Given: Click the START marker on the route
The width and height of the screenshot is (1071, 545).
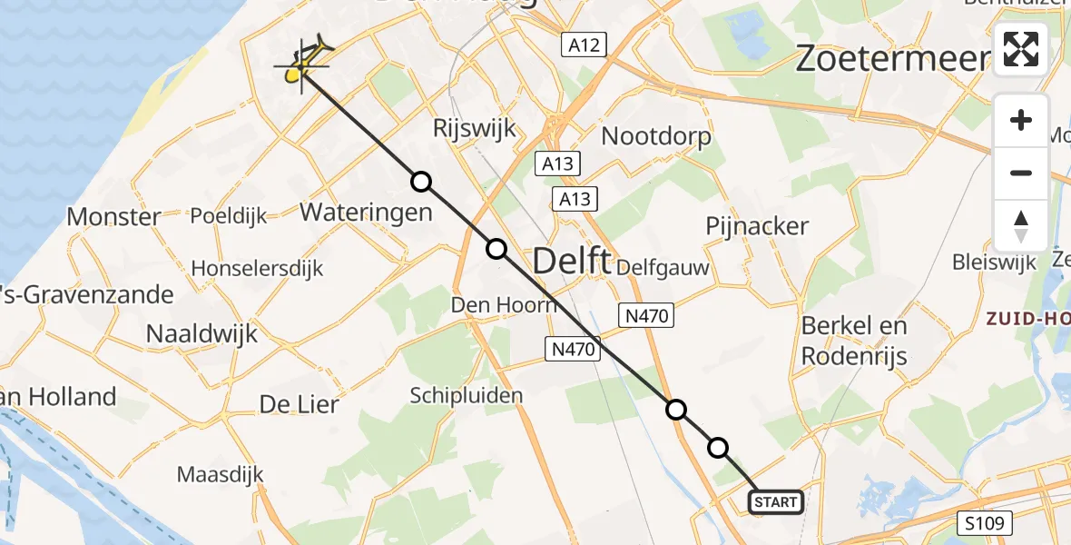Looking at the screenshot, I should pos(776,501).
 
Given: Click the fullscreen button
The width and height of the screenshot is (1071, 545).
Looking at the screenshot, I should pos(1021,49).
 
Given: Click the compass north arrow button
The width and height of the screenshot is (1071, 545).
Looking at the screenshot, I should pos(1021,226).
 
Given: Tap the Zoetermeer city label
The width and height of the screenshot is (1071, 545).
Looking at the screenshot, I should pos(892,59).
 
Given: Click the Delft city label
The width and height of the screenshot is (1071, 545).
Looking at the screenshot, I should pos(571,262).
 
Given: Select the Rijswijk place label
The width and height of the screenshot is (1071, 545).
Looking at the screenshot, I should pos(474,128).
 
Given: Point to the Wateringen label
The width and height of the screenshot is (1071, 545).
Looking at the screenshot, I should pos(366,213).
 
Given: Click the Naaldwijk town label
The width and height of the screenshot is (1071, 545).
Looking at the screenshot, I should pos(202,333).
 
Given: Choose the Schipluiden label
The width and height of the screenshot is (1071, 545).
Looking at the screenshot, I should pos(467,395).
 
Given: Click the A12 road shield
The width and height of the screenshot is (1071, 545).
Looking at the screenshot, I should pos(583,45).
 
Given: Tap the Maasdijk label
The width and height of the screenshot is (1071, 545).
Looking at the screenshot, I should pos(220,474).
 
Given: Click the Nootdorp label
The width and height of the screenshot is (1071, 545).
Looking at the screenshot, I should pos(656,136).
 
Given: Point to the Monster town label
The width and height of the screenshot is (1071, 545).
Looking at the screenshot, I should pos(114,217).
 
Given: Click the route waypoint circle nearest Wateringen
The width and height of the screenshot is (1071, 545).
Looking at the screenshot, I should pos(421,182).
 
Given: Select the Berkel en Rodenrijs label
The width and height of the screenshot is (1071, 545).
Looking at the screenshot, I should pos(854,340).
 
